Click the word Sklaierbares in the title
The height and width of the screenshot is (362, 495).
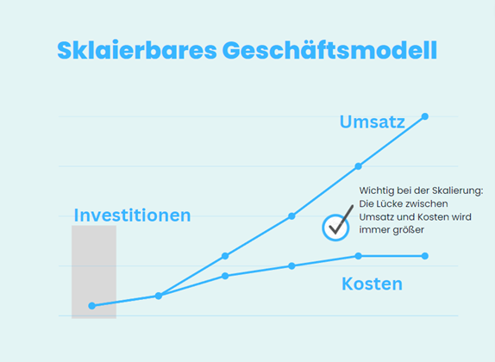[137, 50]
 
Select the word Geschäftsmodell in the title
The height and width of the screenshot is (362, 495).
[330, 50]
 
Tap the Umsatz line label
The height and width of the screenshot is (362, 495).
[373, 122]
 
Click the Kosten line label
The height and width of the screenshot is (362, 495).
[373, 284]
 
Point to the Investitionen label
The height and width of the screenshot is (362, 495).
[132, 215]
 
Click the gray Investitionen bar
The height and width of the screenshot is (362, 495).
[94, 271]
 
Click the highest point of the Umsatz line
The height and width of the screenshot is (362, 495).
[425, 116]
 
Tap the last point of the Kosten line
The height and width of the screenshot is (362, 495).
[425, 256]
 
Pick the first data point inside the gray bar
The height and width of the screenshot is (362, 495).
[92, 305]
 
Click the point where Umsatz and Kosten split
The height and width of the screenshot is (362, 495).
[159, 296]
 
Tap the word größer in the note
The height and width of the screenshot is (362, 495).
[408, 230]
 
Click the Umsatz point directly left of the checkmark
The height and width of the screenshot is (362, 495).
[291, 216]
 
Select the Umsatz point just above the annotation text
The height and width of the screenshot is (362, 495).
[358, 166]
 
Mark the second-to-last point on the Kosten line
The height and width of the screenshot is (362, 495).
[358, 256]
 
